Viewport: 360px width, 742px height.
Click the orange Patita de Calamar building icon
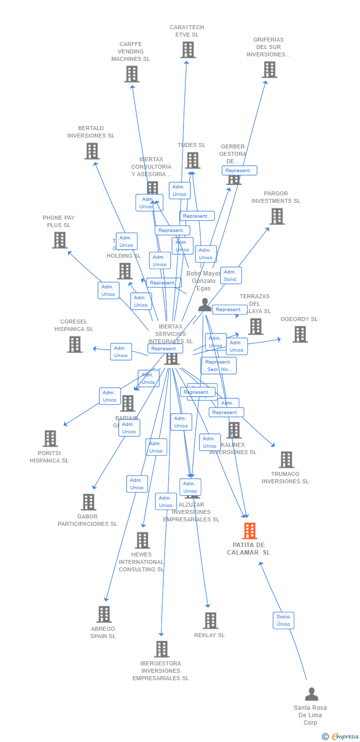pos(250,531)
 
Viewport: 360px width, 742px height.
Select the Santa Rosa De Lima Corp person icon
pos(312,694)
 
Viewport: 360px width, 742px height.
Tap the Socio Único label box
pos(283,620)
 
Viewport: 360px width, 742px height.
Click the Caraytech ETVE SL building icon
pos(188,50)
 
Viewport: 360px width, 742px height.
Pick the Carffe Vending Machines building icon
pos(132,74)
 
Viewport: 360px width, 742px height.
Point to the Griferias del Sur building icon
pos(270,70)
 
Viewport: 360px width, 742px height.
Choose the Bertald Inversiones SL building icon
pos(92,151)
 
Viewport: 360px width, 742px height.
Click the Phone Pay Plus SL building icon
pos(60,240)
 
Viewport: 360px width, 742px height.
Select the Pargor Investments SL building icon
pos(277,216)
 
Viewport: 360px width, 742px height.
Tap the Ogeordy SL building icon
pos(300,334)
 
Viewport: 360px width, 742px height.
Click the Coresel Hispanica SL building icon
pos(75,344)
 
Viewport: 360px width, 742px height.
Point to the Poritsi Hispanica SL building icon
pos(50,438)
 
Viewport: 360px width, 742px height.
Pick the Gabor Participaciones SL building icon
pos(89,502)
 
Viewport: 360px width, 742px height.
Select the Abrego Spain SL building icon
pos(104,614)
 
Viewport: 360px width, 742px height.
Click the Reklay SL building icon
pos(211,620)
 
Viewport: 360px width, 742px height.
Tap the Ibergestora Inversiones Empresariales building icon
pos(162,649)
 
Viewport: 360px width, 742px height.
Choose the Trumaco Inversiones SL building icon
pos(286,460)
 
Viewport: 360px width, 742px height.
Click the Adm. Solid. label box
pos(230,276)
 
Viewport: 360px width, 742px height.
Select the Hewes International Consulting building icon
pos(142,540)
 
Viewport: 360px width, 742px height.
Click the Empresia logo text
pos(345,737)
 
